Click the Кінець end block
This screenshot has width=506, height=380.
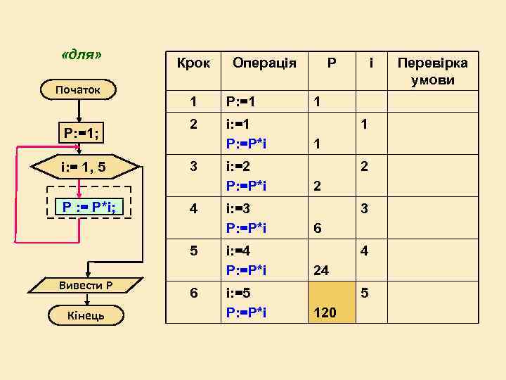(x=85, y=315)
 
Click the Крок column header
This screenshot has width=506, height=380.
(x=193, y=63)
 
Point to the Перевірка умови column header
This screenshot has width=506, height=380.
(x=433, y=71)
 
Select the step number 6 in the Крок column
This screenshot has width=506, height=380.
(x=193, y=292)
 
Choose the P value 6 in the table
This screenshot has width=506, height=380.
(x=318, y=229)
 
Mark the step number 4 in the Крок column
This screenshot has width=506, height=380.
(x=193, y=209)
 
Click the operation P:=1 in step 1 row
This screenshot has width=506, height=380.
(x=239, y=102)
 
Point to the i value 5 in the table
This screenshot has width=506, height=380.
(x=365, y=292)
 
